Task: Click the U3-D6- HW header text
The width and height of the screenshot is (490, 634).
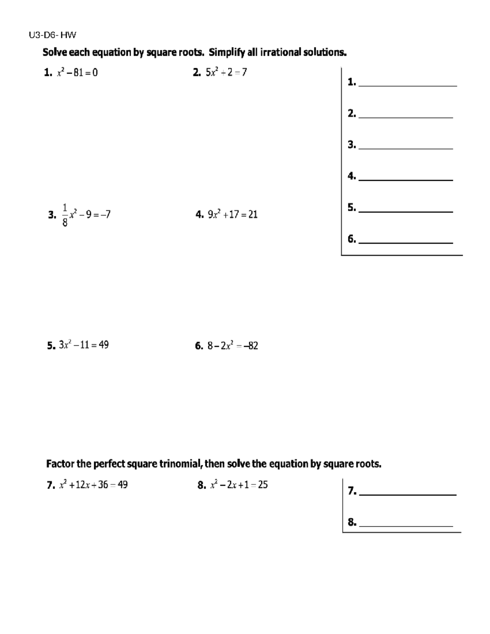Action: click(x=52, y=35)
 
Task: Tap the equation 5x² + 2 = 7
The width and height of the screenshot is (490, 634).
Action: click(x=226, y=73)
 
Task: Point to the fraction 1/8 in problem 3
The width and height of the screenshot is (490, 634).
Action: click(x=65, y=215)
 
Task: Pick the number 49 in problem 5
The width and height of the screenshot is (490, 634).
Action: click(x=104, y=345)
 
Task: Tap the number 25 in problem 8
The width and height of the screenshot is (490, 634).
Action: click(x=263, y=485)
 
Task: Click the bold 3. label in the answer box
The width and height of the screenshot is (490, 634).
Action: click(x=352, y=145)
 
